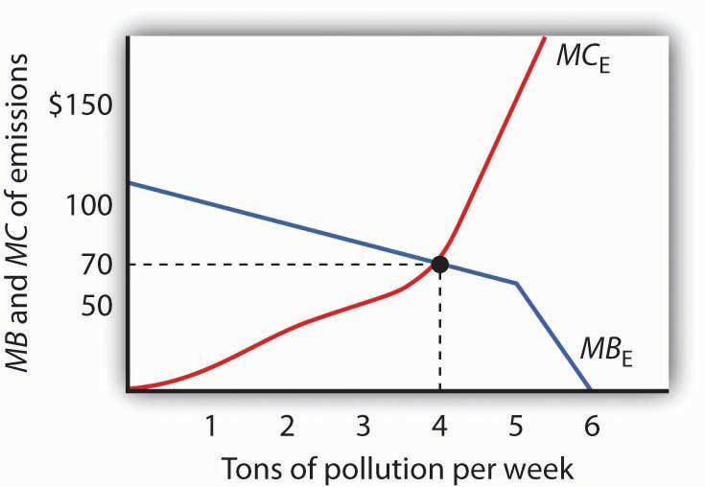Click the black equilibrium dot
[x=439, y=264]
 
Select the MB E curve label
[x=607, y=348]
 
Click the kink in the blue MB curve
[x=516, y=283]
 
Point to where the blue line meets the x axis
[x=590, y=388]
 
